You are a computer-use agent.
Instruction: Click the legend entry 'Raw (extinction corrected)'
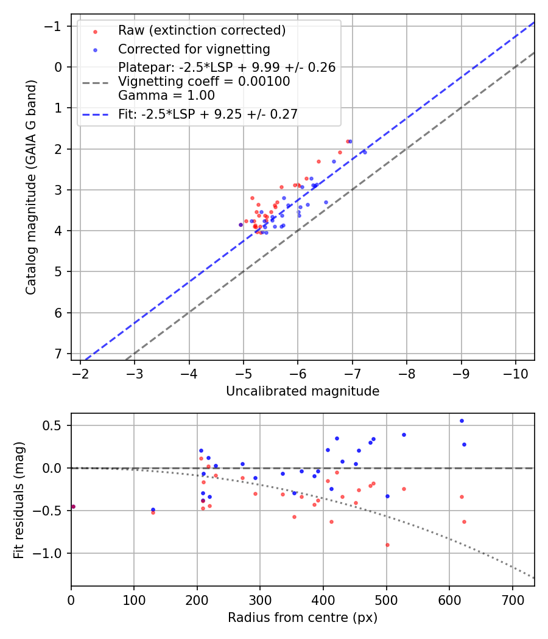[202, 30]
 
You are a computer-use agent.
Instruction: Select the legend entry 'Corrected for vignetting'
[194, 49]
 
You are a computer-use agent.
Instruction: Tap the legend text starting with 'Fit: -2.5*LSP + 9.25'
[208, 114]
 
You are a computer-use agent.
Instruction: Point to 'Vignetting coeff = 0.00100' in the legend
[204, 81]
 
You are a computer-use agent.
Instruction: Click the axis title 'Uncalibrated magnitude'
[303, 391]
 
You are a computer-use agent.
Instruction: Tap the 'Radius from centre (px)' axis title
[303, 618]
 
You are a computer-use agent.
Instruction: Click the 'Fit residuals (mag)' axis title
[19, 500]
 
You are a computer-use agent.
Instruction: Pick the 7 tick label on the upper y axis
[59, 354]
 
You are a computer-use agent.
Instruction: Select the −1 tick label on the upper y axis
[55, 26]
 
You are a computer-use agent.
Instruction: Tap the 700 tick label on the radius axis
[512, 599]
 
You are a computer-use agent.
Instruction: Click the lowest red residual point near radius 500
[387, 545]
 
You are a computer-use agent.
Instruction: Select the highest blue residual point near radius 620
[462, 421]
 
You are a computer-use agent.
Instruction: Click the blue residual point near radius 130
[153, 509]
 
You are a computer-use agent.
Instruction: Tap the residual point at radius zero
[73, 506]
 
